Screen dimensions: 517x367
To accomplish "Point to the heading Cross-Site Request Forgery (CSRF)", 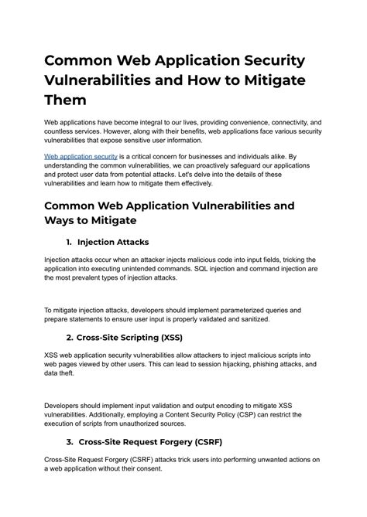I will [156, 442].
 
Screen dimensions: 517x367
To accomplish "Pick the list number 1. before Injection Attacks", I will [70, 242].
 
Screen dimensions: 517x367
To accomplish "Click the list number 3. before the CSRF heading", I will [70, 442].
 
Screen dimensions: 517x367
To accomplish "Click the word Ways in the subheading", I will [63, 221].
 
